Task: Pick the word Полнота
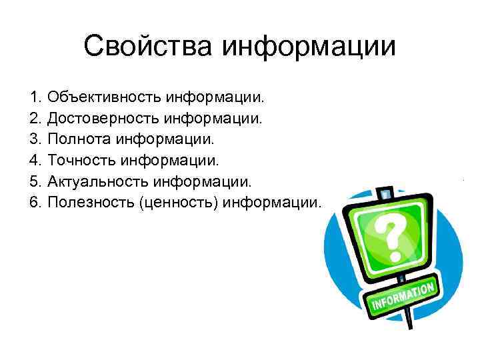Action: [x=79, y=140]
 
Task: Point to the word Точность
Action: [x=81, y=161]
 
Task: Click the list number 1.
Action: [x=35, y=99]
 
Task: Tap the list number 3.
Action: [x=35, y=140]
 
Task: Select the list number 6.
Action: [x=35, y=202]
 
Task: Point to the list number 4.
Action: [x=35, y=161]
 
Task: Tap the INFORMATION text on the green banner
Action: [x=403, y=295]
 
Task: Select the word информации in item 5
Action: [x=213, y=181]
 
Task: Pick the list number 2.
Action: [x=35, y=119]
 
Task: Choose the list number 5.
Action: [x=35, y=181]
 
